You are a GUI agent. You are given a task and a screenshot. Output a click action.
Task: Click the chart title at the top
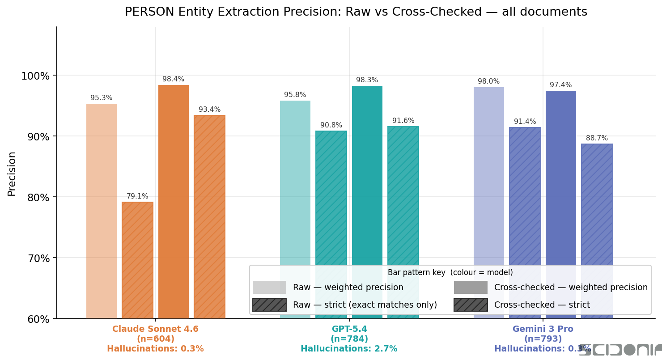pos(356,12)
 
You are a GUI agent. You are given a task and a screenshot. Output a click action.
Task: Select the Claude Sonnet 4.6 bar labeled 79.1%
pos(137,259)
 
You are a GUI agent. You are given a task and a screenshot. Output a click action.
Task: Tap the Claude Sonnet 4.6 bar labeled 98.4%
pos(174,201)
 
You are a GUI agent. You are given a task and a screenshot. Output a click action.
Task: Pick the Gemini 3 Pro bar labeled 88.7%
pos(597,206)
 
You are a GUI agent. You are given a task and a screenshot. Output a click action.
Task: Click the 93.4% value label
pos(209,110)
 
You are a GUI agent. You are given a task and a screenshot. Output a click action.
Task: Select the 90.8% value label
pos(331,125)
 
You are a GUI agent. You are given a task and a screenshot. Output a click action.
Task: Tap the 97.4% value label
pos(561,85)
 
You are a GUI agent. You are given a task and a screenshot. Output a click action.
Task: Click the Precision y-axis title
pos(12,174)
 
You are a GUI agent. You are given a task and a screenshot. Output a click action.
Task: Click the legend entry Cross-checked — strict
pos(542,305)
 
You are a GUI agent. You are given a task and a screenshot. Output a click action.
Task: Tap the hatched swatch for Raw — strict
pos(269,305)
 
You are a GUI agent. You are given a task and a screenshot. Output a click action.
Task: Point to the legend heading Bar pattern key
pos(450,272)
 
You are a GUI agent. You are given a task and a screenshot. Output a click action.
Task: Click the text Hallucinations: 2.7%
pos(349,349)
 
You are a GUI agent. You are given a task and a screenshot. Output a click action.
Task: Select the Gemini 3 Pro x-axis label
pos(543,329)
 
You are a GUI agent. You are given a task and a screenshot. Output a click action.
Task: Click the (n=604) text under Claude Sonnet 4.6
pos(155,339)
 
